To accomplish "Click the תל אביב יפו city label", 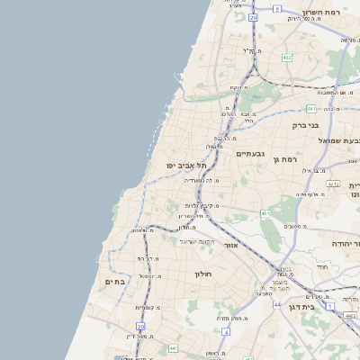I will (x=187, y=166).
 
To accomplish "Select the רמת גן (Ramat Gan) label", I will (x=287, y=158).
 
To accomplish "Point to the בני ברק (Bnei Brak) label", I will (x=306, y=125).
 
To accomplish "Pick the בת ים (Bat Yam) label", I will (x=114, y=282).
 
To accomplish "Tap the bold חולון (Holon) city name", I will (x=202, y=273).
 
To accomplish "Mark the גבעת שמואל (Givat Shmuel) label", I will (x=340, y=140).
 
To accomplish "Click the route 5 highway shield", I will (x=278, y=8).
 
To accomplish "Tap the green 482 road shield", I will (x=286, y=58).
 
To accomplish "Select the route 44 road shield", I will (x=277, y=305).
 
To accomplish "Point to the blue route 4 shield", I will (x=226, y=332).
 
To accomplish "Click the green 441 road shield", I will (x=173, y=346).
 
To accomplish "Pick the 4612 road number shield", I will (x=333, y=184).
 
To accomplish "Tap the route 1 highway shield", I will (x=329, y=306).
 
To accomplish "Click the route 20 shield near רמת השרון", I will (x=254, y=17).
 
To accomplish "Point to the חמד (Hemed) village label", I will (x=322, y=267).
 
